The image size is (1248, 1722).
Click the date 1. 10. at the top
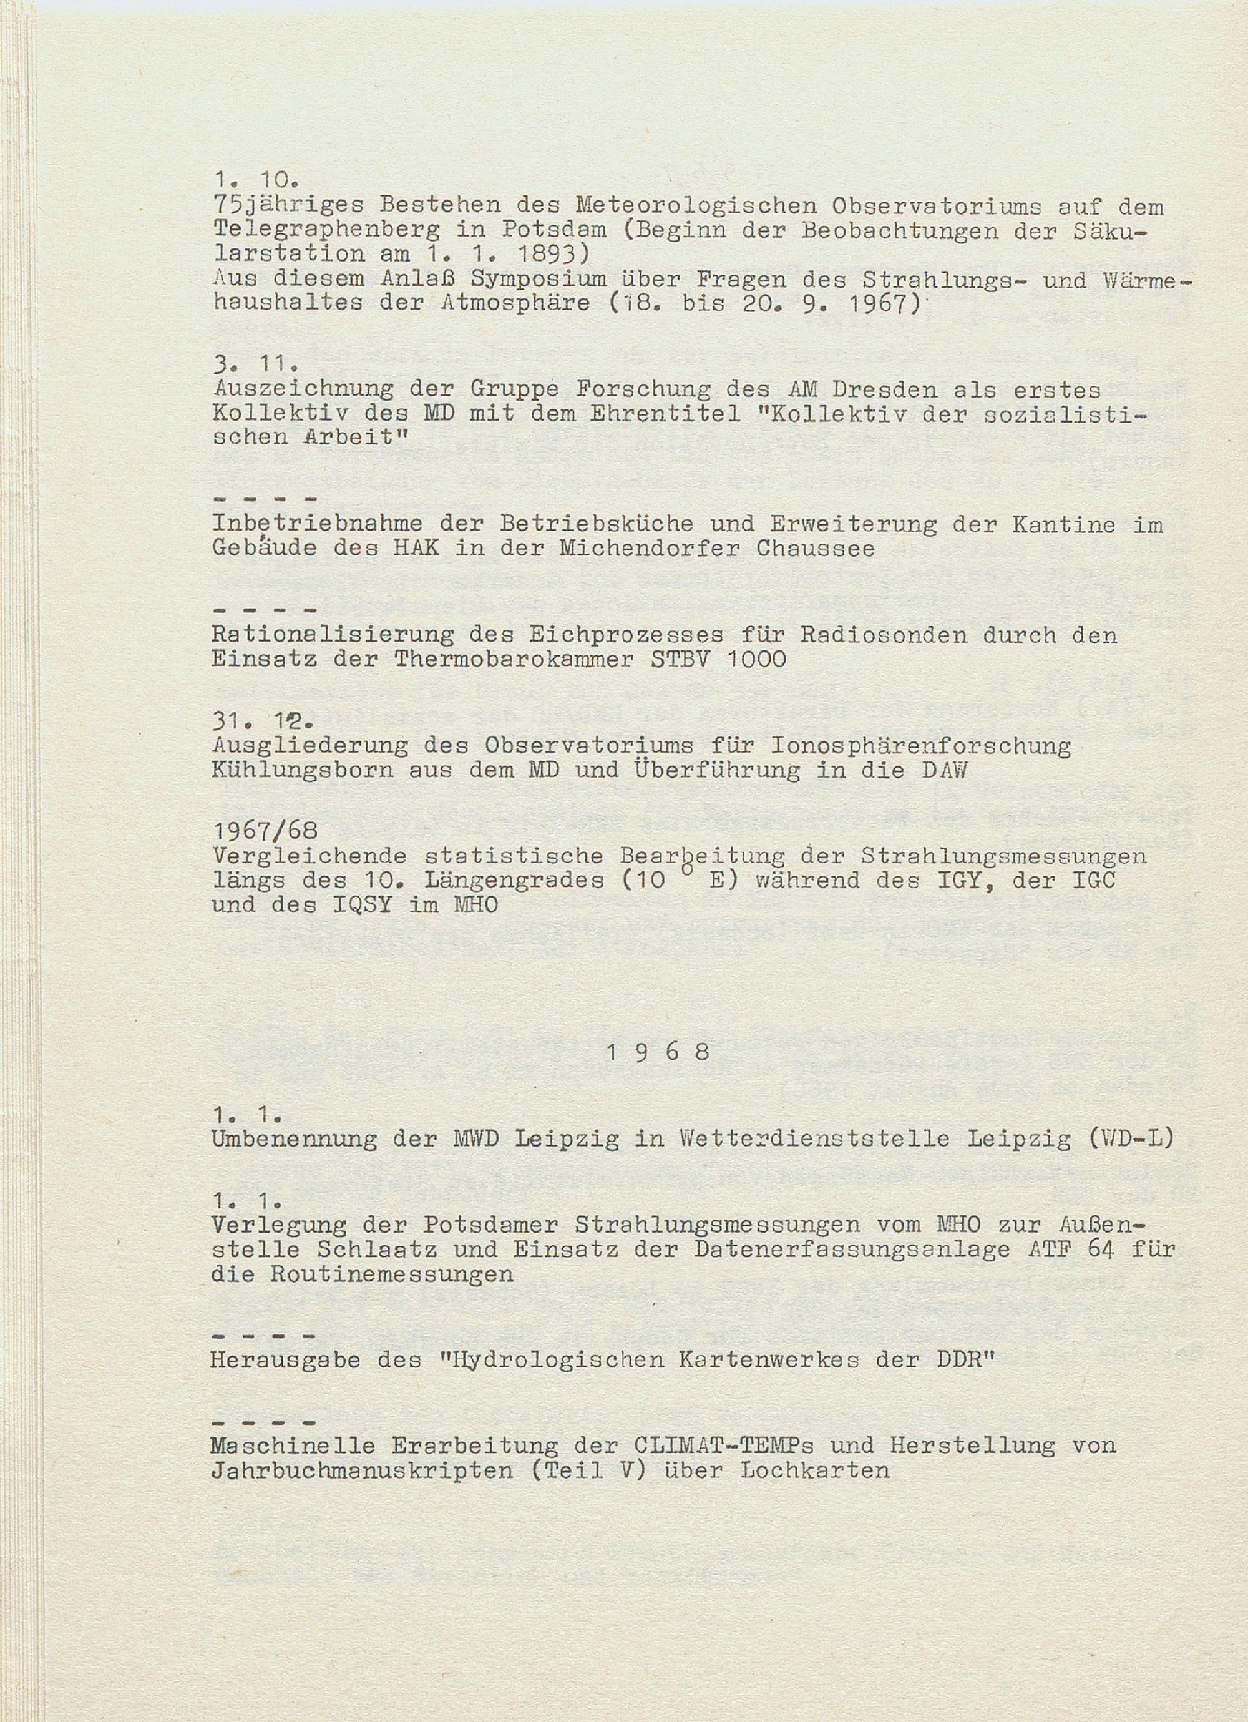pos(255,181)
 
